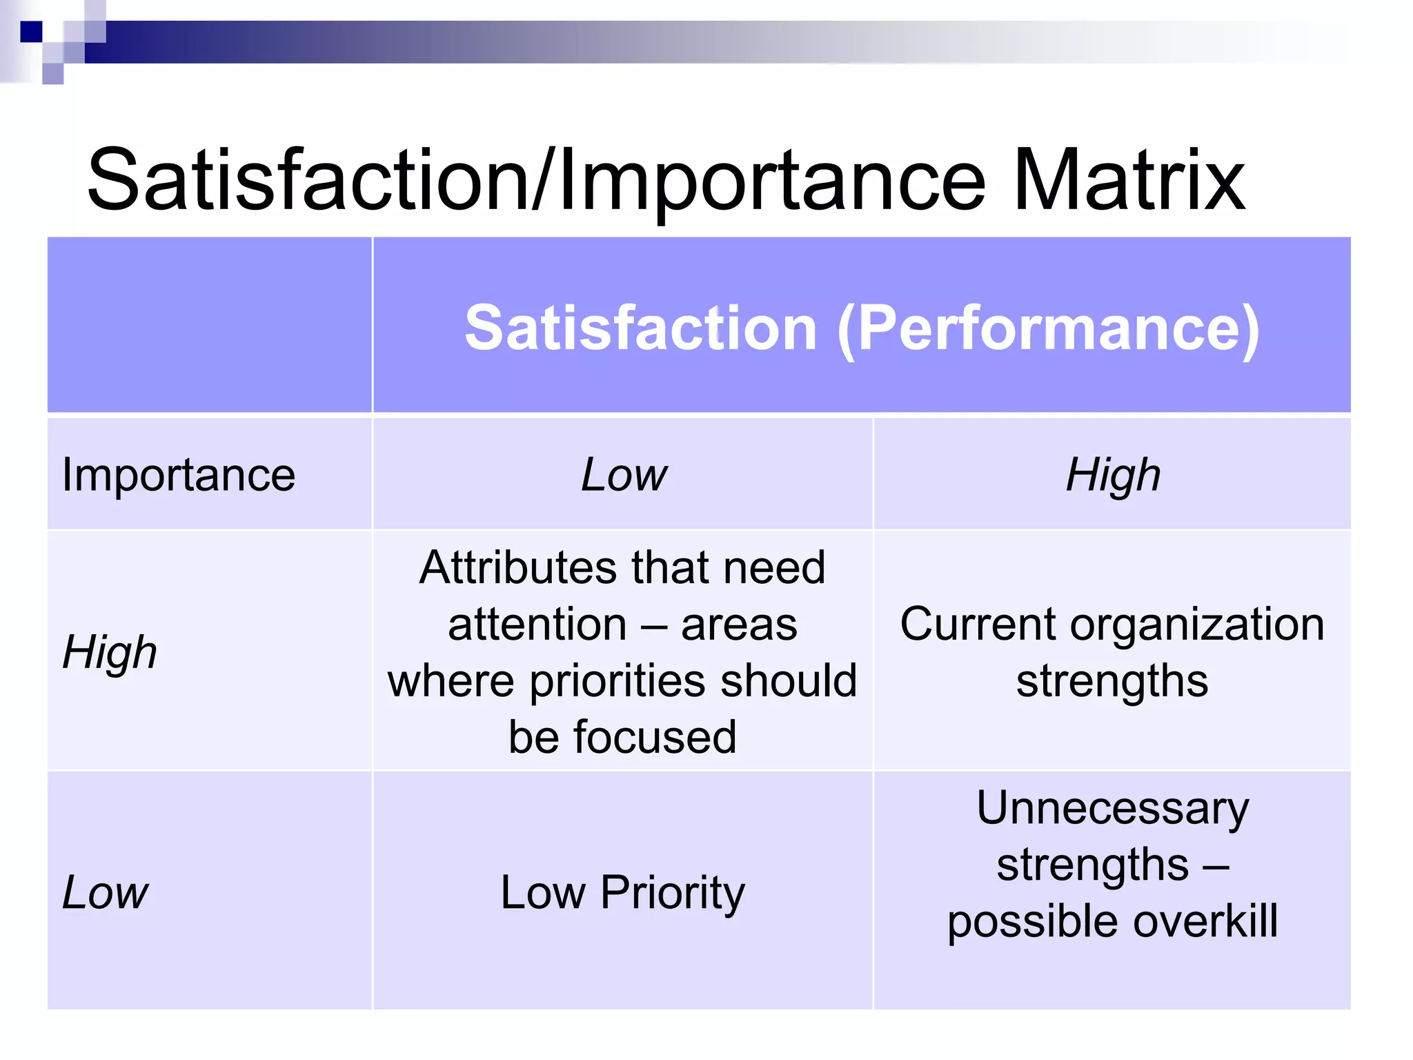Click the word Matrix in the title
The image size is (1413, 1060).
[x=1129, y=181]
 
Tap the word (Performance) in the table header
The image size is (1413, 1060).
[x=1049, y=328]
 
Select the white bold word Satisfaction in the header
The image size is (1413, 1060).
[x=641, y=328]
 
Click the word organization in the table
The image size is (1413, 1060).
[x=1197, y=624]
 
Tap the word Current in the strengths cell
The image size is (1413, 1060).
[x=978, y=624]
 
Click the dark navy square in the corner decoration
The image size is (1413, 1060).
[x=31, y=32]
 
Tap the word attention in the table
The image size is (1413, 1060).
[x=537, y=624]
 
